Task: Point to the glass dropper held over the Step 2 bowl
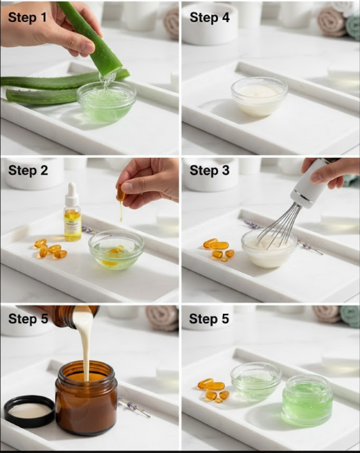click(121, 201)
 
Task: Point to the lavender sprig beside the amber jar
click(134, 408)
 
